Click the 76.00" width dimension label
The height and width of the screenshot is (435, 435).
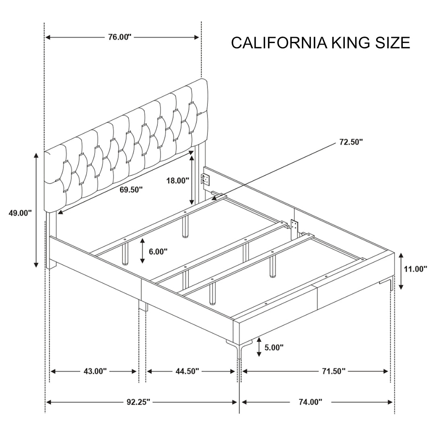click(120, 37)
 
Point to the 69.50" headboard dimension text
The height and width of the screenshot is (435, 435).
click(131, 189)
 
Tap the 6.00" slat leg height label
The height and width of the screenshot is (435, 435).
click(158, 251)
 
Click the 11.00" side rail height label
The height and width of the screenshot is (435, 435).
click(416, 269)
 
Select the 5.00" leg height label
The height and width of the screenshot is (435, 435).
click(274, 347)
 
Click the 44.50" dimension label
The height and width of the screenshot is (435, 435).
click(187, 371)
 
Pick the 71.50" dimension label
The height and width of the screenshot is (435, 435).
click(333, 371)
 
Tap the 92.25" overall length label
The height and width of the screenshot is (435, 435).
click(137, 402)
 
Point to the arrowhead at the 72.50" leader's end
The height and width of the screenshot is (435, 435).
click(215, 197)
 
